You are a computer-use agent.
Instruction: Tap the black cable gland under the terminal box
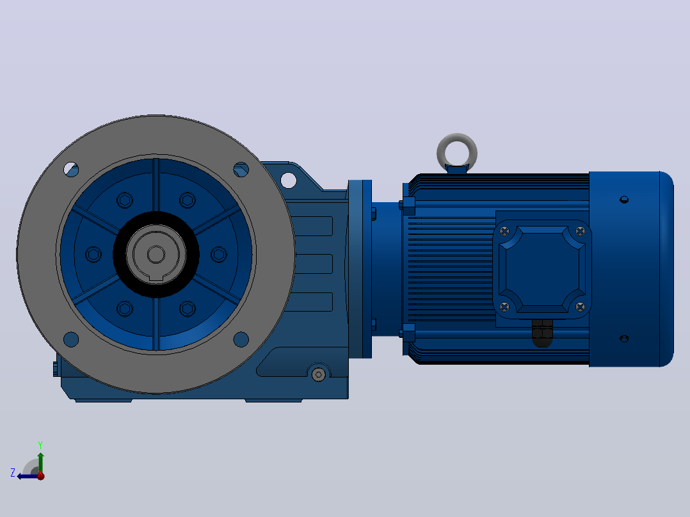(x=542, y=333)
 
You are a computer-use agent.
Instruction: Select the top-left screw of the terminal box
(x=505, y=231)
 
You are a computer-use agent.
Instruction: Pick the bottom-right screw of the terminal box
(x=580, y=306)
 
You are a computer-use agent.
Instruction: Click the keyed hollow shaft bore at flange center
(x=156, y=254)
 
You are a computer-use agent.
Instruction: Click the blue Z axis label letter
(x=13, y=473)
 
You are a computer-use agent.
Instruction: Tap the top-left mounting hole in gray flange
(x=71, y=170)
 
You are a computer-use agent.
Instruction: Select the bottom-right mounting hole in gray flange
(x=241, y=339)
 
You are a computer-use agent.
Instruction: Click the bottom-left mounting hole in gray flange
(x=71, y=339)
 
